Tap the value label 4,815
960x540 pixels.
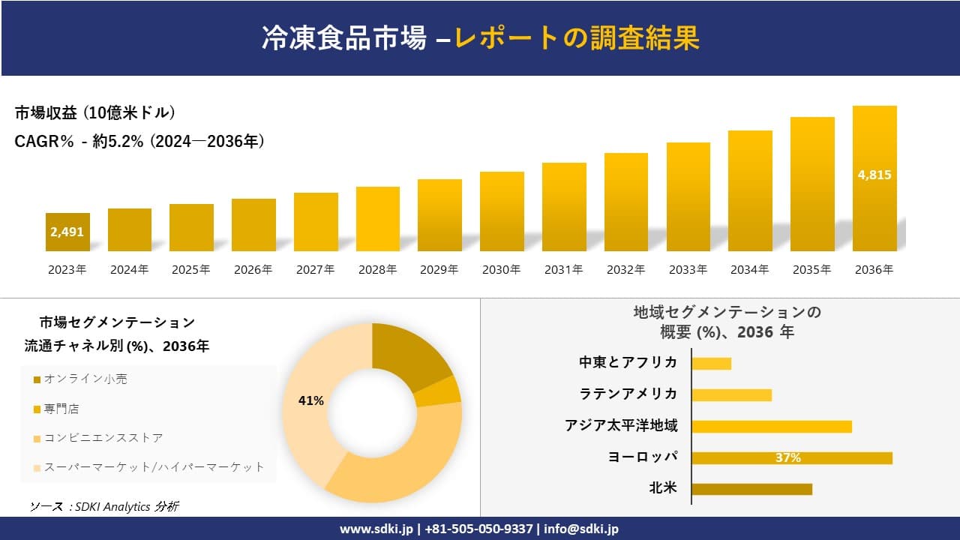tap(874, 175)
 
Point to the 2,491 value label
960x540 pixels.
tap(67, 232)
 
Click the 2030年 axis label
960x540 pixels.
tap(501, 270)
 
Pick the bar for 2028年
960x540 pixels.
tap(377, 219)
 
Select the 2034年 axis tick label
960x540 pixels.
tap(749, 270)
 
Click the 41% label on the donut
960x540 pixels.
tap(310, 401)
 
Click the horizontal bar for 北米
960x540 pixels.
tap(751, 489)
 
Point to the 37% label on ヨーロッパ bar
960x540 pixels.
tap(787, 457)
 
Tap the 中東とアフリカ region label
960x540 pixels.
tap(628, 362)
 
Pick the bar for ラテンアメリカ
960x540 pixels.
tap(731, 394)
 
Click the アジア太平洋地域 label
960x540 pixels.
tap(621, 426)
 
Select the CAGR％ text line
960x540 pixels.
tap(139, 142)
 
